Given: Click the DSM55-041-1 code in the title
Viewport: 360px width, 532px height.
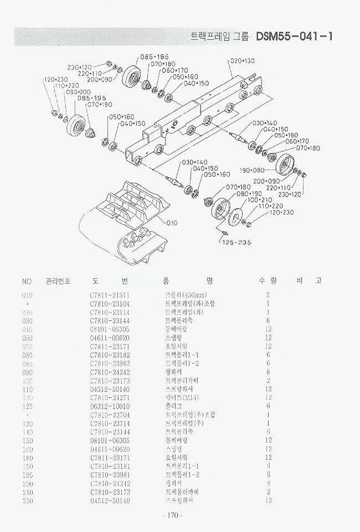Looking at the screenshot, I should [294, 37].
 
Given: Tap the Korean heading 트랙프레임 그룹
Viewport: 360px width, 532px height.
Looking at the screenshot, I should [219, 37].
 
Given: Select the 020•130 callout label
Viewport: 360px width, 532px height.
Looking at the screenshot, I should [242, 60].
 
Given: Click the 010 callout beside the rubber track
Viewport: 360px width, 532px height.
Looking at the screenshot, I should [172, 223].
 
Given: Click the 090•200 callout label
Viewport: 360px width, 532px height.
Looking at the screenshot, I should [78, 92].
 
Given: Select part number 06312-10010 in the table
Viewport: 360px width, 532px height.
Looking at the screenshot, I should [109, 406].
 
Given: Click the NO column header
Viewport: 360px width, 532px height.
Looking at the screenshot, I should [27, 281].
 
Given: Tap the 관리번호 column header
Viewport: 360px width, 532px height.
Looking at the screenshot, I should [58, 281].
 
